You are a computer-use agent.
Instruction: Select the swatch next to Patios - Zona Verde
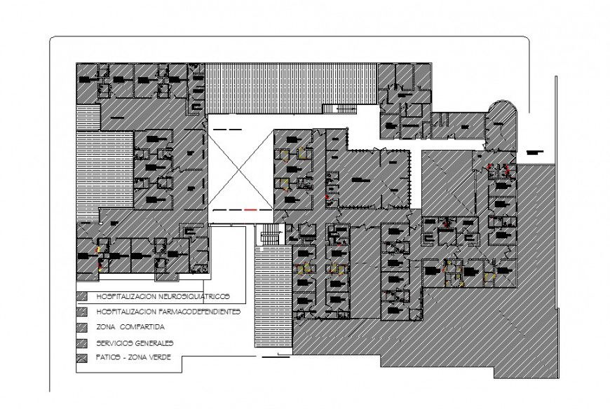[82, 359]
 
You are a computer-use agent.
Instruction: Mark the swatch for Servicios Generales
[82, 343]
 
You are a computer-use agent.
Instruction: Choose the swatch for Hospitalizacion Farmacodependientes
[82, 311]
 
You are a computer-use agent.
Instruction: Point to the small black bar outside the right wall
[536, 151]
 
